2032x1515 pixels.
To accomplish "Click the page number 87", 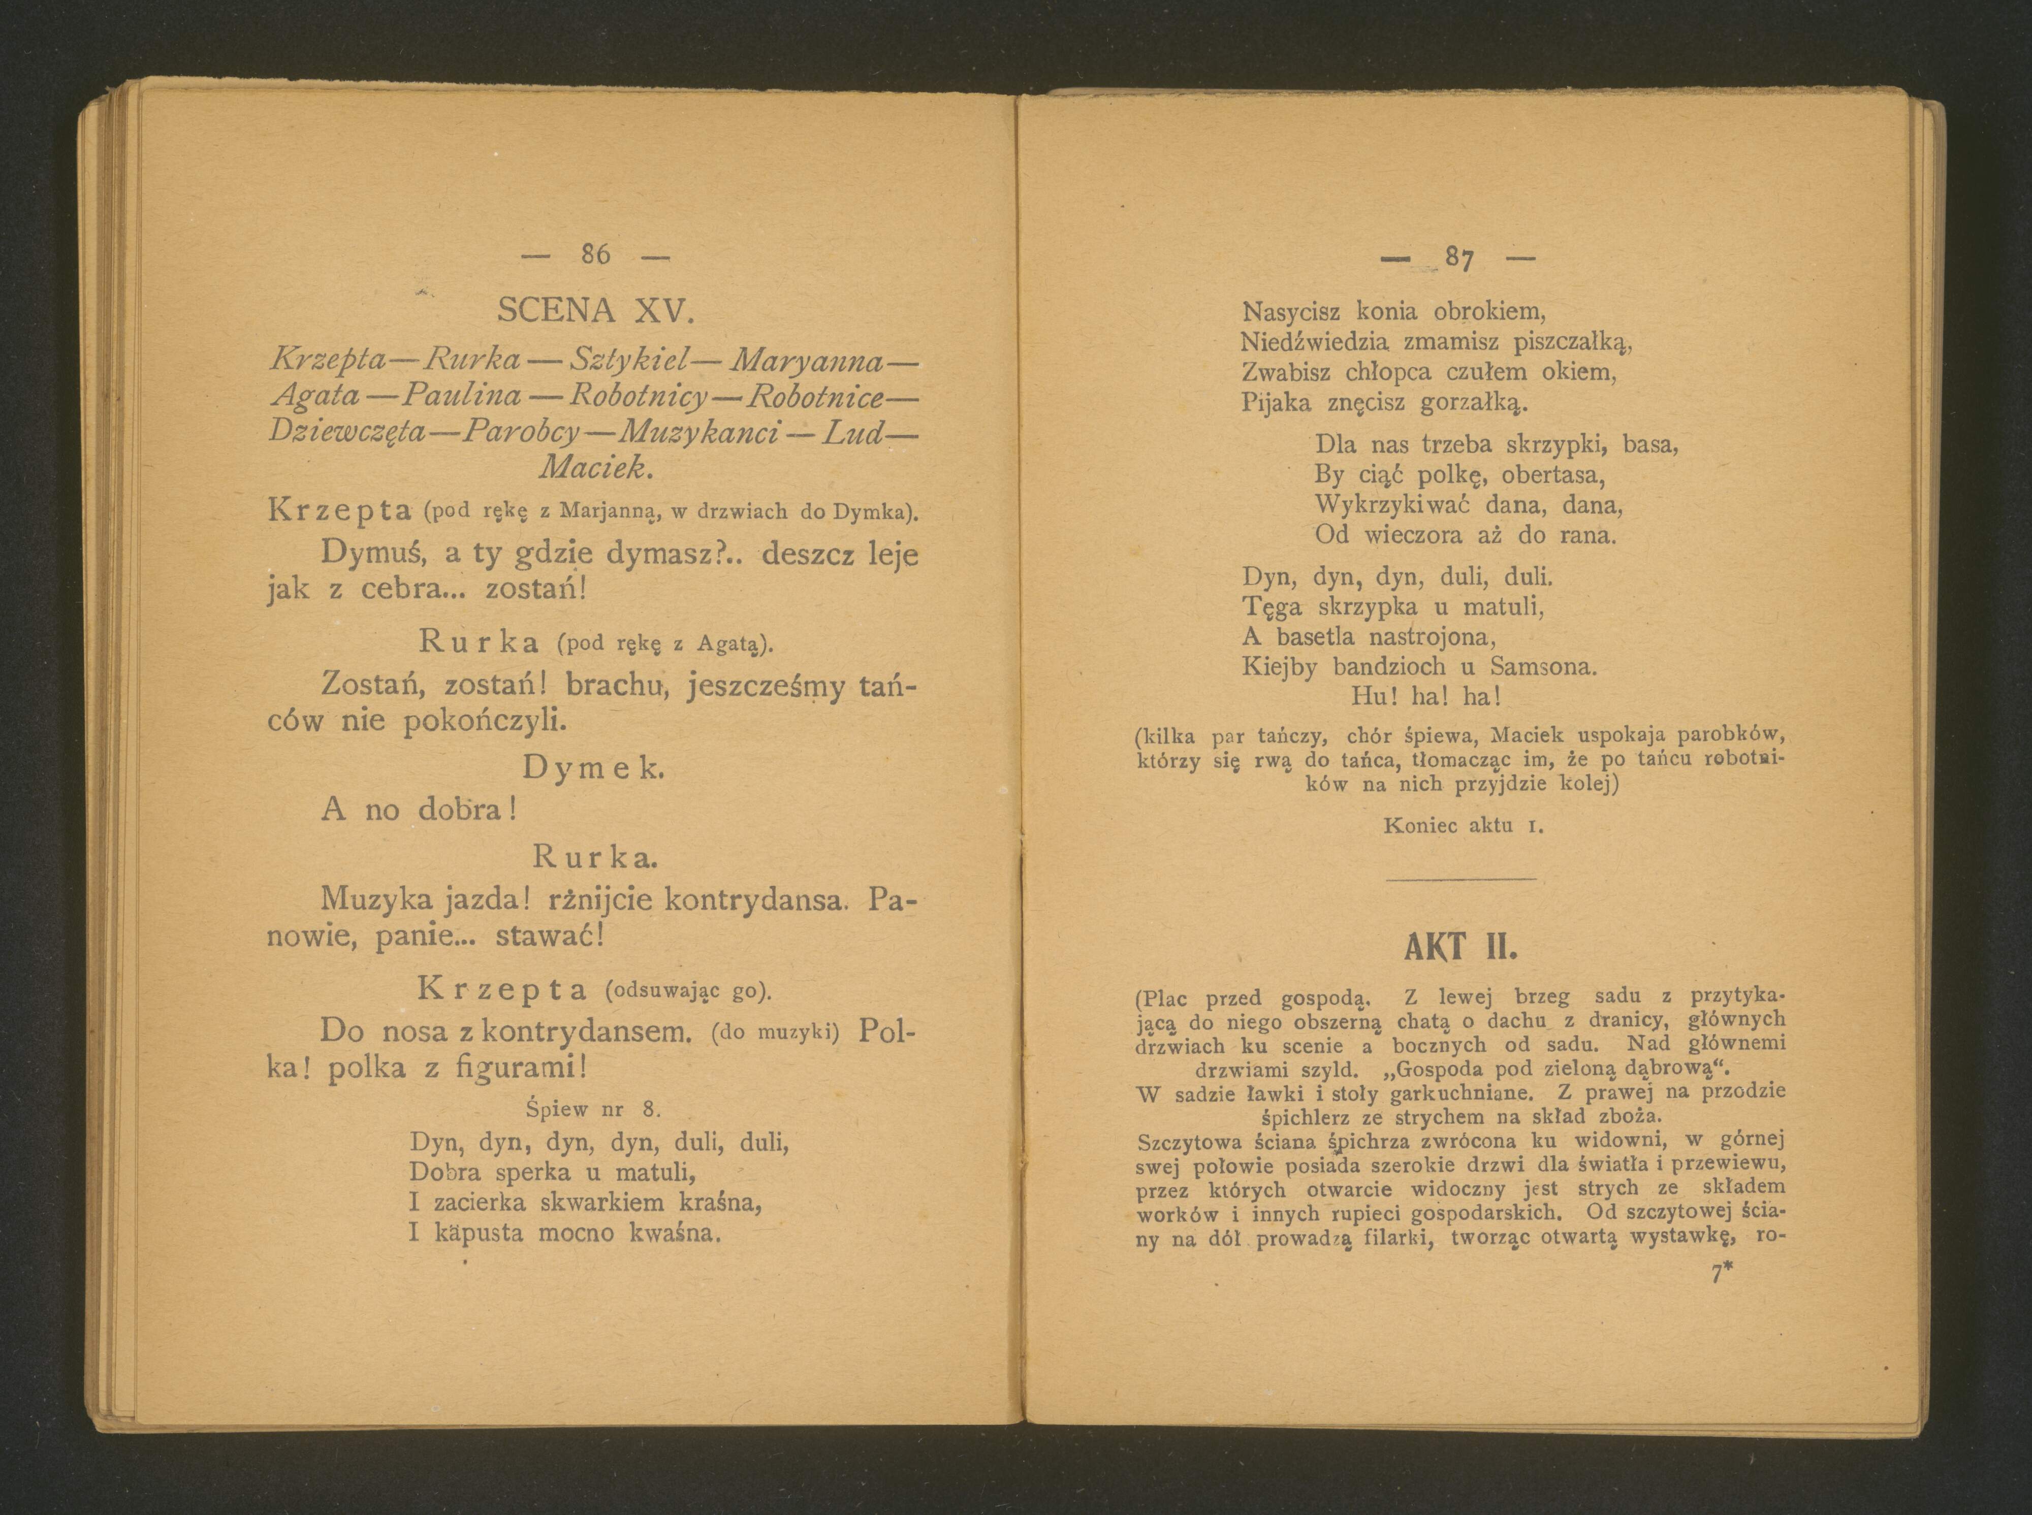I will click(x=1458, y=259).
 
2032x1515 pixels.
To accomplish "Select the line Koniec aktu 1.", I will click(x=1463, y=824).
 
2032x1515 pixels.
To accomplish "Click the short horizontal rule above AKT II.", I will click(x=1460, y=880).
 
